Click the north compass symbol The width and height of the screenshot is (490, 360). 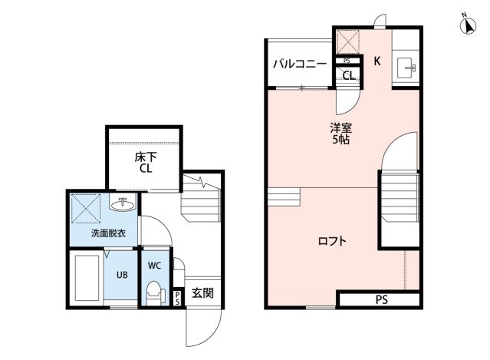tap(469, 25)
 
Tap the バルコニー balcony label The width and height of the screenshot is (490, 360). tap(300, 64)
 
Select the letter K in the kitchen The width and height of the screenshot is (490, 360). tap(377, 61)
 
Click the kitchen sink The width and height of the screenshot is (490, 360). tap(406, 68)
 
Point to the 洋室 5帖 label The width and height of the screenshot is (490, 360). tap(341, 134)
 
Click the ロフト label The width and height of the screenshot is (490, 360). tap(332, 241)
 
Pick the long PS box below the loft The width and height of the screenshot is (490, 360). tap(380, 299)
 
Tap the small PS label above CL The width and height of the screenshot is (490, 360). tap(347, 61)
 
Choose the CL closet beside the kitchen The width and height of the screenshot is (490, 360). tap(349, 75)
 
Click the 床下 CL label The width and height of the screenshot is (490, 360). tap(146, 163)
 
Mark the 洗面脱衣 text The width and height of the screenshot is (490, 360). tap(108, 233)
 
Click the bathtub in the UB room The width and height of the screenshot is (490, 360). tap(87, 278)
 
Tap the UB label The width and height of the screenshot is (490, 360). tap(122, 275)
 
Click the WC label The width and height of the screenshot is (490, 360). tap(154, 266)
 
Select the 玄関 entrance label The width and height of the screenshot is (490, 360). tap(202, 293)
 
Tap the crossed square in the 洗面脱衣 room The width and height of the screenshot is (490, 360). tap(86, 209)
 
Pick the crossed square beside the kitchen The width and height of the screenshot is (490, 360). tap(348, 41)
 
